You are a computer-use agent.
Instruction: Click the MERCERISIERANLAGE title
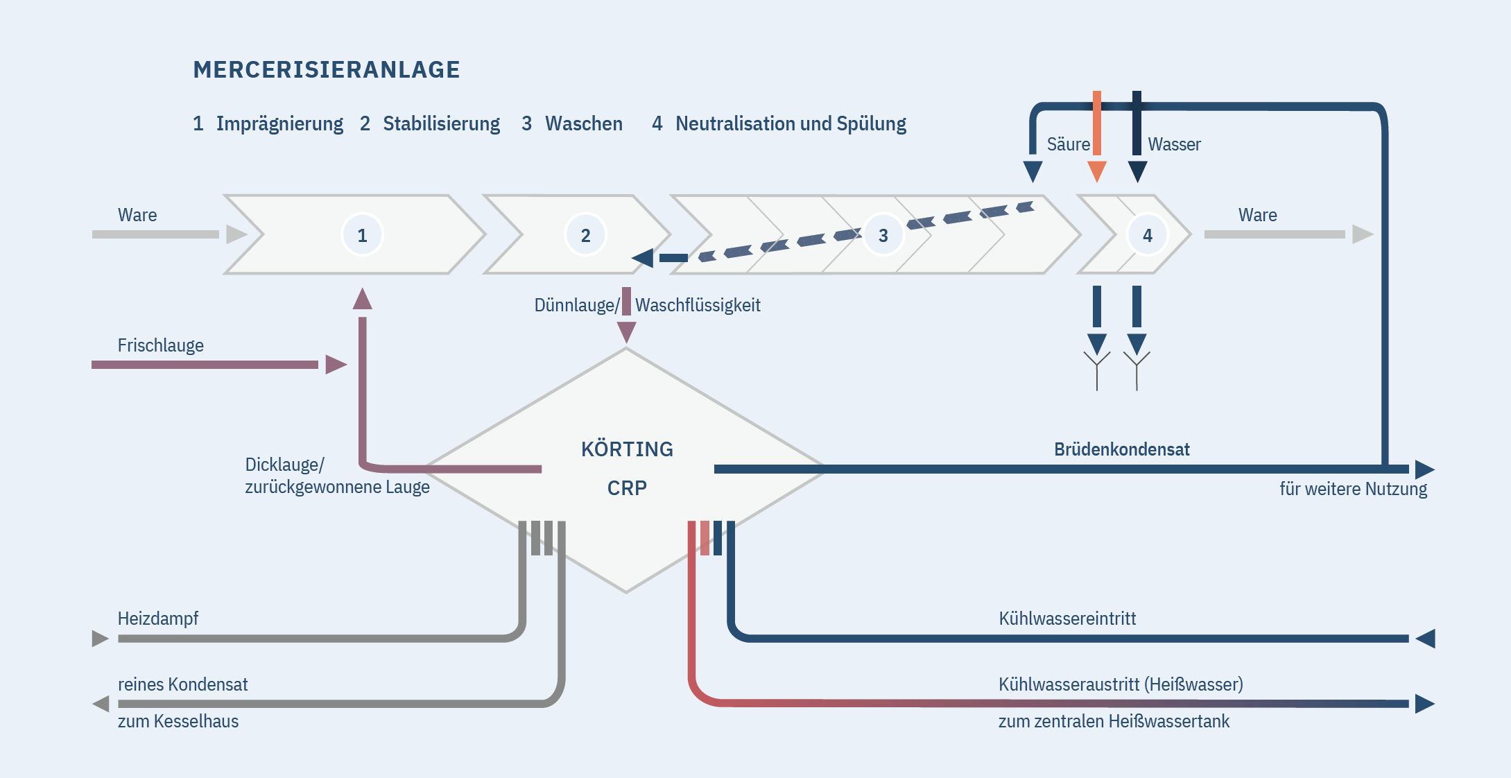[326, 69]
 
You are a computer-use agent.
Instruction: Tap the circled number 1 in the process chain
[362, 235]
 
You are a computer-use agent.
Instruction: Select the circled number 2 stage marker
[585, 235]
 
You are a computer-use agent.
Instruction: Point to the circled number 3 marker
[883, 235]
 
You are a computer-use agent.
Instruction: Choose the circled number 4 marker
[1147, 235]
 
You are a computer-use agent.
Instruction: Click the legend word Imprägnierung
[279, 123]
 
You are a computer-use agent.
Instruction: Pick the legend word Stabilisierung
[441, 123]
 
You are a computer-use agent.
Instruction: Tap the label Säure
[1068, 144]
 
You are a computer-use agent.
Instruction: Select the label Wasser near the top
[1174, 144]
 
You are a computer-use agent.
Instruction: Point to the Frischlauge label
[160, 345]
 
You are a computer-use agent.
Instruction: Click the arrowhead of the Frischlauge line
[336, 364]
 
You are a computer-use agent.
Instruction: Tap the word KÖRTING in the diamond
[627, 449]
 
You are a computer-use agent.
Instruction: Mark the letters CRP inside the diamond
[627, 488]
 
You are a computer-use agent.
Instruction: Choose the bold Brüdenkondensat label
[1121, 449]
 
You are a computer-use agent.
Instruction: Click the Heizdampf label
[157, 618]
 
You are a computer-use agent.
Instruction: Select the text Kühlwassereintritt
[1067, 618]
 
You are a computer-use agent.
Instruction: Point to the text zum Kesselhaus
[178, 721]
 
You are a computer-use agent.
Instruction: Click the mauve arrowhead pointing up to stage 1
[362, 300]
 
